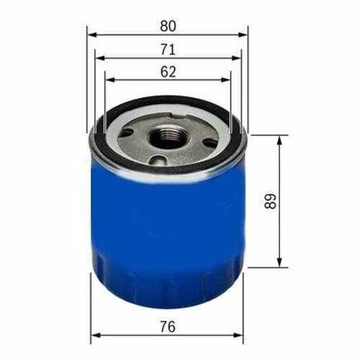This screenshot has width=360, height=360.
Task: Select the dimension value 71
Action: tap(168, 49)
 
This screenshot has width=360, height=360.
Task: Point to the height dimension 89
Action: tap(269, 200)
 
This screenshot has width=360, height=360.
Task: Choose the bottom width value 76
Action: tap(168, 326)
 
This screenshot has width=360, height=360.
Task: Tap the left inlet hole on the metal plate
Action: tap(130, 134)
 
